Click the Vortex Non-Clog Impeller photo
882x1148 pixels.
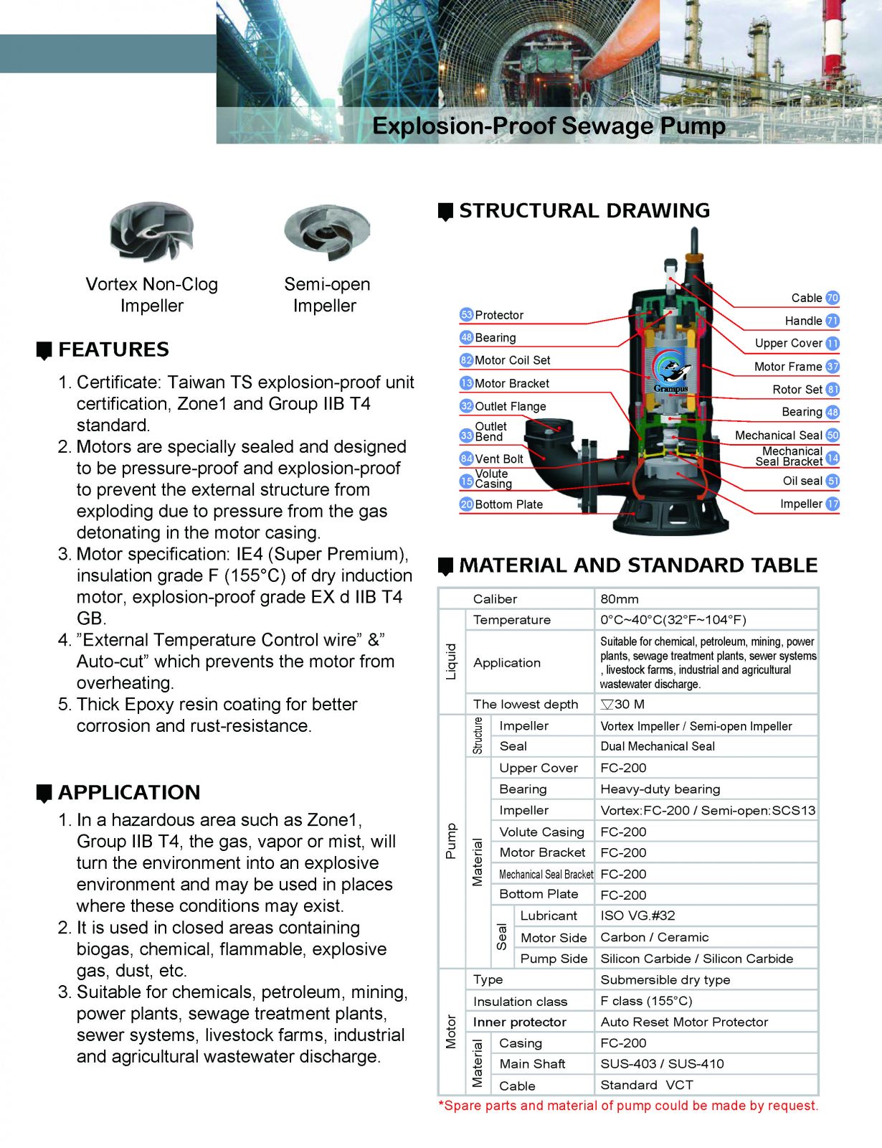(x=151, y=232)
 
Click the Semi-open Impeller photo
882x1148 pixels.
(x=326, y=232)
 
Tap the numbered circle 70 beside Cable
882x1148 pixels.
(x=833, y=298)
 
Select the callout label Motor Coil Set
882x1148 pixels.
(x=512, y=360)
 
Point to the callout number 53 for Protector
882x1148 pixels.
(x=466, y=315)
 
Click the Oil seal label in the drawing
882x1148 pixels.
(x=802, y=481)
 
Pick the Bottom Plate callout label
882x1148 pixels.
(x=508, y=504)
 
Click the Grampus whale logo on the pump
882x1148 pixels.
(x=671, y=374)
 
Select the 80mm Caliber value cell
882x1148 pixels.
(x=620, y=599)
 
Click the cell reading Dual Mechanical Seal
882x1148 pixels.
(x=658, y=746)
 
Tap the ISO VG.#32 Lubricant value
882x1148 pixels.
(x=637, y=916)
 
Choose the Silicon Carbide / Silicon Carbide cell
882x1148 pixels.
(x=696, y=959)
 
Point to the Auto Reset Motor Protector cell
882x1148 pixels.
(x=684, y=1022)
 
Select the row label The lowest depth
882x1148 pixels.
(x=526, y=705)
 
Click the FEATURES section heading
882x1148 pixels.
(x=113, y=349)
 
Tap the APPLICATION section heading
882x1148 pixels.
(x=129, y=792)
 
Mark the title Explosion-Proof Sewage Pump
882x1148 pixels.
(x=549, y=126)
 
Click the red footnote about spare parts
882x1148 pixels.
(x=628, y=1106)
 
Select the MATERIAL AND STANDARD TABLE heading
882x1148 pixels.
(x=638, y=565)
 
